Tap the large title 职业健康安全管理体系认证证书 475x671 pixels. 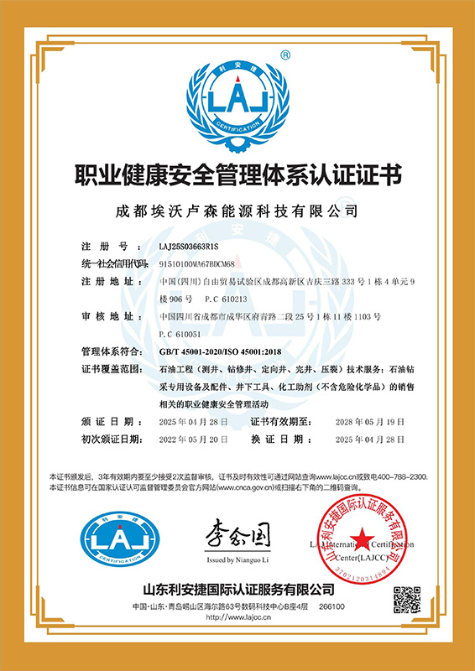point(237,177)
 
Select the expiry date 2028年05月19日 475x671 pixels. point(370,421)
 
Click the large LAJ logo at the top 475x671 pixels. point(237,97)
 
